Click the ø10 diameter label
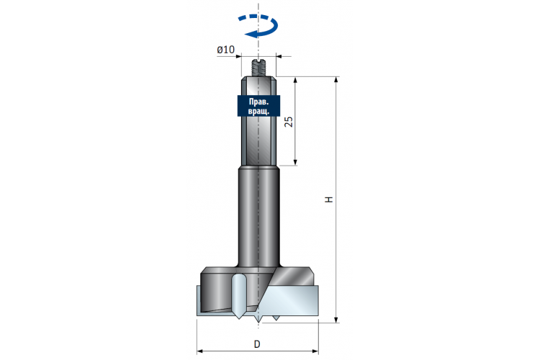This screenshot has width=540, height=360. point(225,50)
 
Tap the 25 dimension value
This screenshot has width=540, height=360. point(289,122)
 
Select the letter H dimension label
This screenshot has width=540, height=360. point(329,199)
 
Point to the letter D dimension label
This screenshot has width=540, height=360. point(257,344)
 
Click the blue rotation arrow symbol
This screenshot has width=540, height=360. point(258,25)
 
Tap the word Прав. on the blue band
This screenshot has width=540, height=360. point(258,102)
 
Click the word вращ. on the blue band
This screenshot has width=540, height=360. point(258,111)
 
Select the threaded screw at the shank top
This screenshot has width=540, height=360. point(258,68)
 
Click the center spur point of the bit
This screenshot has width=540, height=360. point(258,320)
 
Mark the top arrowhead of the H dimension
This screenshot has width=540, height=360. point(336,80)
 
